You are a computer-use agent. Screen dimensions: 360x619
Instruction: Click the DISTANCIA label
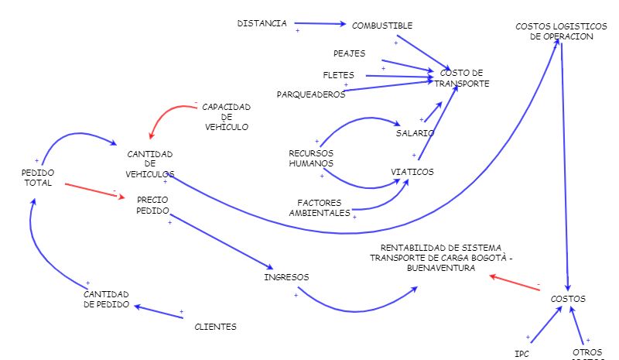coord(262,23)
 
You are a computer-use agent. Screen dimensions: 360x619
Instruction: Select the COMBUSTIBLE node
coord(382,26)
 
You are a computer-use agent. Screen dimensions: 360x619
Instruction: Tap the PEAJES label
coord(348,54)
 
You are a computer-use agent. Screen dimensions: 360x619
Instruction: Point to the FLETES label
coord(338,75)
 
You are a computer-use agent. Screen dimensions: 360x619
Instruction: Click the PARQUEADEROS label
coord(310,94)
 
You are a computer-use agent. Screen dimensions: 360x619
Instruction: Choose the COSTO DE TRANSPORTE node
coord(462,78)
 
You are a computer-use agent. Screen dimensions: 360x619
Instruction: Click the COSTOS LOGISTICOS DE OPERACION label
coord(555,32)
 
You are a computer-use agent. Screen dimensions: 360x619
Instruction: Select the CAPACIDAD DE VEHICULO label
coord(226,116)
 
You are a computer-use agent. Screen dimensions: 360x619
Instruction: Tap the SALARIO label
coord(414,133)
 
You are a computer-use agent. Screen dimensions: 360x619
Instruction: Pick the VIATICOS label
coord(412,171)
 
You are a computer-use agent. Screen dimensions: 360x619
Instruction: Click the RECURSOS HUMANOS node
coord(311,158)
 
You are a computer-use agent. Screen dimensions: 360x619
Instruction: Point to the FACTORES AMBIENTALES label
coord(320,207)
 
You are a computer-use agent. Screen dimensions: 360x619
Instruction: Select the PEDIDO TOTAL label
coord(37,177)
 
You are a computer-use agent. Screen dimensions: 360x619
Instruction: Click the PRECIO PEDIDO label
coord(152,204)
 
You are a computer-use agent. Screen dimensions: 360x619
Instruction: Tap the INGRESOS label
coord(286,276)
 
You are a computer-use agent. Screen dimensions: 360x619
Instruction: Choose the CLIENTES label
coord(215,327)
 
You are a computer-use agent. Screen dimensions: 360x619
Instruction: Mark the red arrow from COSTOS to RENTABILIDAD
coord(515,283)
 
